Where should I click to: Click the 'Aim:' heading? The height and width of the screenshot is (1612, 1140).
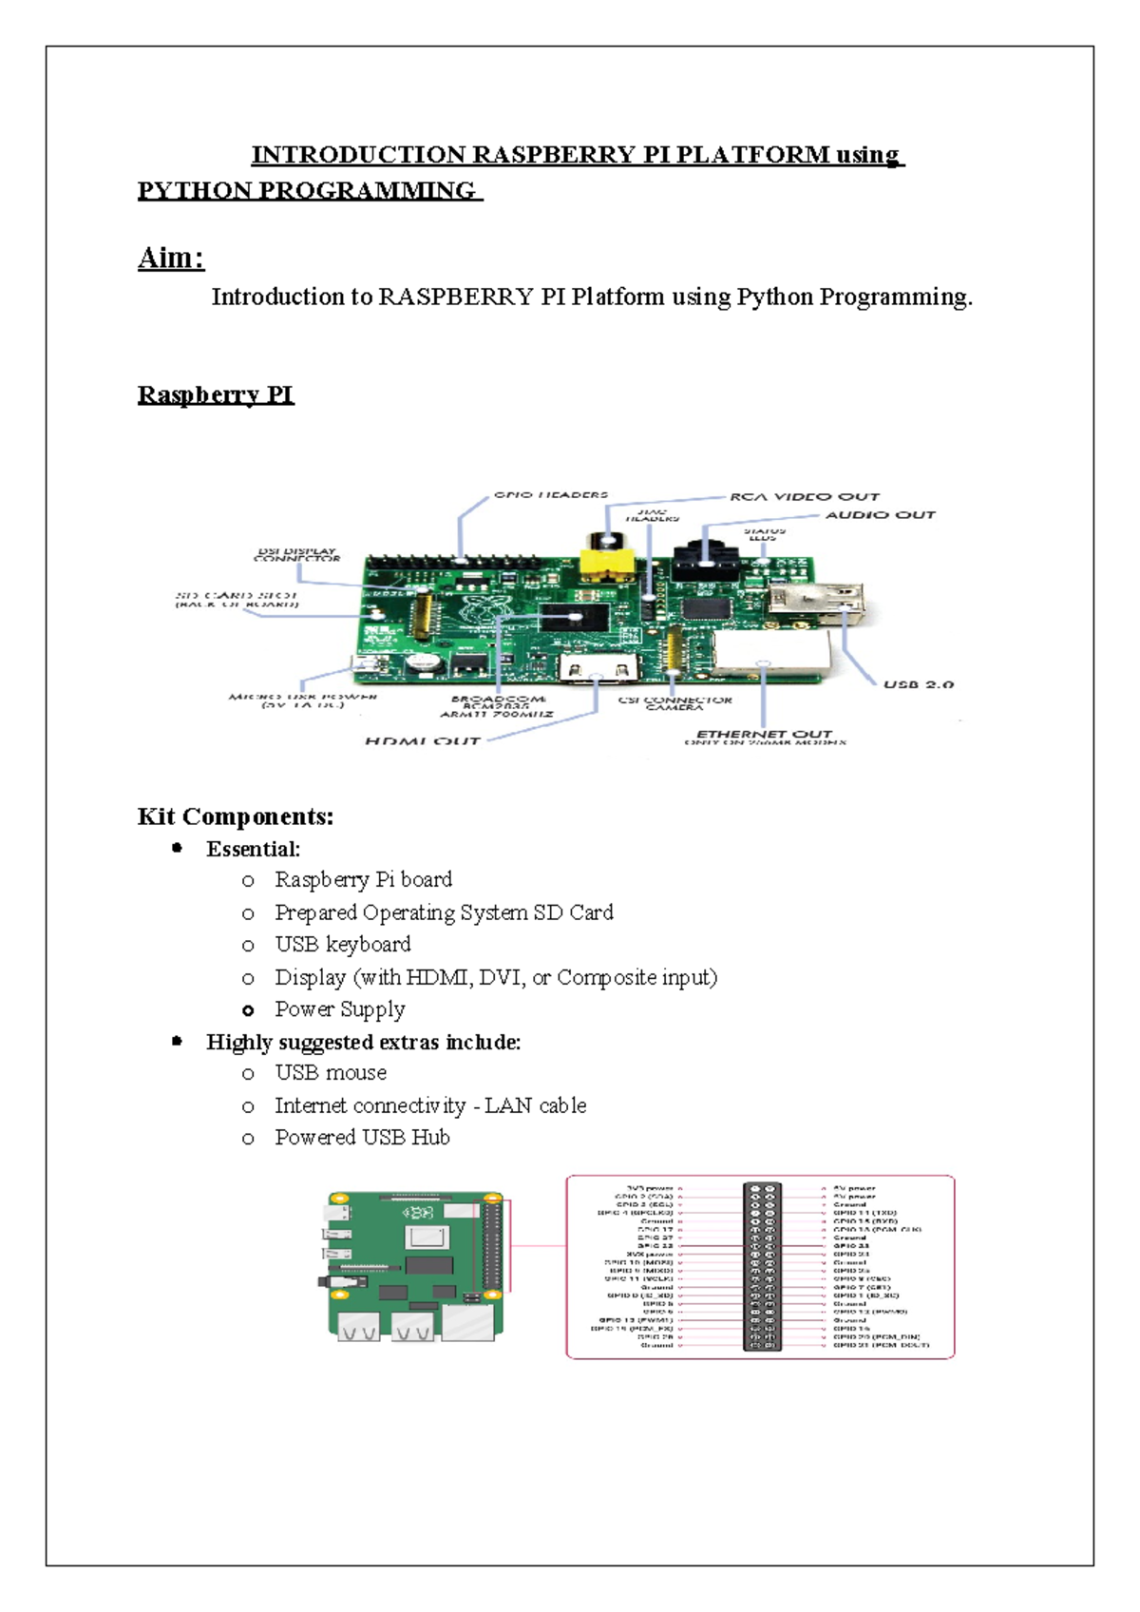pyautogui.click(x=170, y=258)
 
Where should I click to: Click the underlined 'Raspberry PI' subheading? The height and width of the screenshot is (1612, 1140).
pyautogui.click(x=216, y=394)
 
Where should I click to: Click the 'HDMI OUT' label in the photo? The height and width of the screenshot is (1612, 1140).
pyautogui.click(x=422, y=740)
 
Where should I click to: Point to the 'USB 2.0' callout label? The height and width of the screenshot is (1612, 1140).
pyautogui.click(x=918, y=683)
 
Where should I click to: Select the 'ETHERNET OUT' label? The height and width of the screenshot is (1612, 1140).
pyautogui.click(x=764, y=734)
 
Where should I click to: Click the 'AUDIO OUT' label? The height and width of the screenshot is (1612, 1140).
pyautogui.click(x=880, y=514)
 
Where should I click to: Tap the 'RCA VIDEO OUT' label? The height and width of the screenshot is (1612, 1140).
pyautogui.click(x=804, y=496)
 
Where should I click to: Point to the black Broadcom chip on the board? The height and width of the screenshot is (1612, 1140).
pyautogui.click(x=574, y=619)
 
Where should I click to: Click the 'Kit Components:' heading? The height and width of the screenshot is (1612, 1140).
pyautogui.click(x=235, y=816)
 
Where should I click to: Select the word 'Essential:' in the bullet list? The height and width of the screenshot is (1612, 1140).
pyautogui.click(x=253, y=849)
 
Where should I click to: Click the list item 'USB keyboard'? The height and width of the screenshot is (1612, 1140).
pyautogui.click(x=342, y=944)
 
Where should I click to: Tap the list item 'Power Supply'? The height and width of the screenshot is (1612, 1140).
pyautogui.click(x=339, y=1008)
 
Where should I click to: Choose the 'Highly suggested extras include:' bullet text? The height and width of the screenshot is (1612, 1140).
pyautogui.click(x=363, y=1042)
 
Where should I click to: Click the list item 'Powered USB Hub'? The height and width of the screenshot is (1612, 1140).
pyautogui.click(x=362, y=1137)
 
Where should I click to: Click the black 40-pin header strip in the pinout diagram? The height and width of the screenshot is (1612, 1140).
pyautogui.click(x=762, y=1266)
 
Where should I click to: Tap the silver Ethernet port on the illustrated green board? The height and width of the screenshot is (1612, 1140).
pyautogui.click(x=469, y=1323)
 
